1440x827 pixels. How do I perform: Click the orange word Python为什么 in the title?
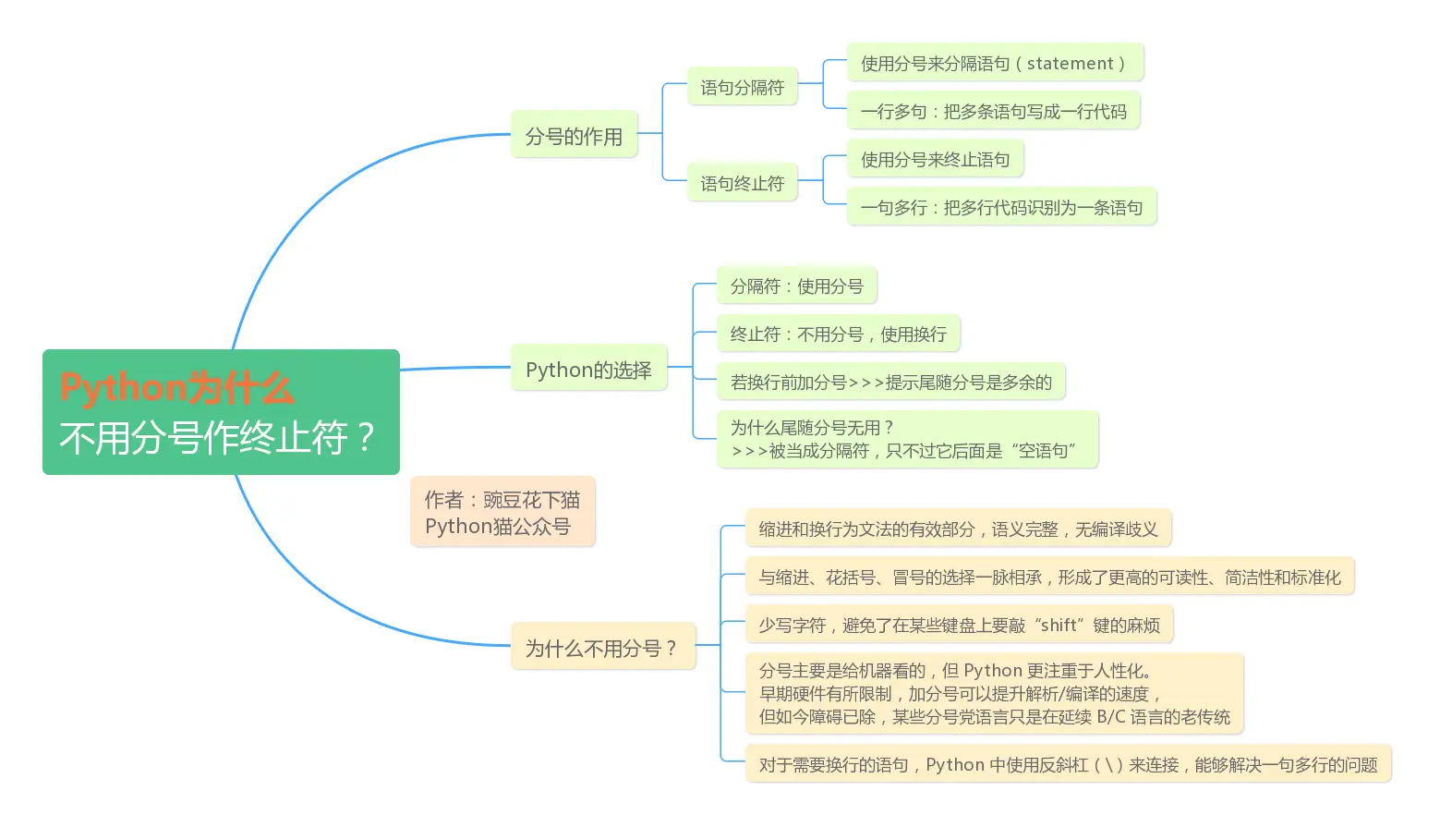176,388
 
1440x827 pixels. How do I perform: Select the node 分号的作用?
574,136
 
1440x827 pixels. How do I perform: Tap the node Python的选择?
588,370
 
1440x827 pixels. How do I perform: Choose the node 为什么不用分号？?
602,648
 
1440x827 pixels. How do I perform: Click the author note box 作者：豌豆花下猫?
502,512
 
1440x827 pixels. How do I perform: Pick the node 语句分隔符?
742,88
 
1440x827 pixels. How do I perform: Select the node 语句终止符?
742,184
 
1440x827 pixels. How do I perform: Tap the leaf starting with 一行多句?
993,112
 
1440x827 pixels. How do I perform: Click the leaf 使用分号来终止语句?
935,160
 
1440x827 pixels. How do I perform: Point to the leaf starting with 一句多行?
1001,208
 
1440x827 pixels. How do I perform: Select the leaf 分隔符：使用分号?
796,286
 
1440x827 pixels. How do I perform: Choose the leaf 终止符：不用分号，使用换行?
838,334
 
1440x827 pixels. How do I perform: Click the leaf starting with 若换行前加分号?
890,383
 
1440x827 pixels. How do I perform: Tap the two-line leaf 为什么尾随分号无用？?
907,439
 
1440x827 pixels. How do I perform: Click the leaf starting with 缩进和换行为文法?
958,529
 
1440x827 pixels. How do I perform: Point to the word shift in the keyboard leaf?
1059,626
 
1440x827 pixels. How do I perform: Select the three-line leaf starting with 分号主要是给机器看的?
994,694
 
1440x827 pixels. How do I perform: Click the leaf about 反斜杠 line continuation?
1068,765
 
